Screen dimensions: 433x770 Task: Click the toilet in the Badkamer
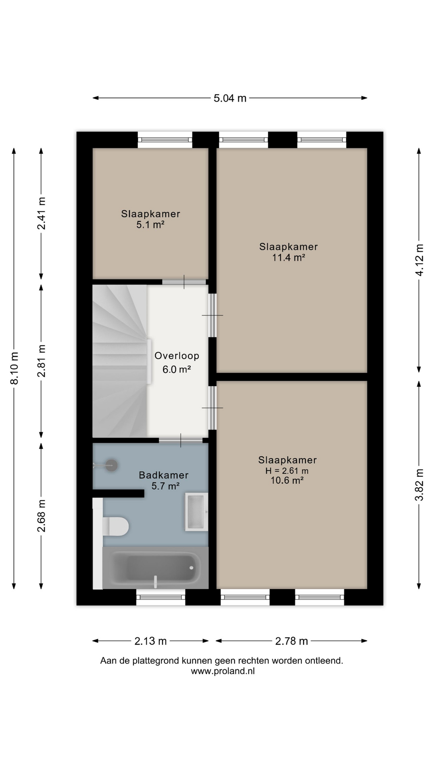click(115, 526)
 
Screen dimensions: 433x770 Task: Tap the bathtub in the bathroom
click(156, 568)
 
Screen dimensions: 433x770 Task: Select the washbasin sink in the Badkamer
click(196, 512)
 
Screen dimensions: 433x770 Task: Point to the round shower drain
click(111, 465)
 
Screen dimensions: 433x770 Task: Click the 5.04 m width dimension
click(230, 98)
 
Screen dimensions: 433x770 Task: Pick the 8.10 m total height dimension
click(14, 368)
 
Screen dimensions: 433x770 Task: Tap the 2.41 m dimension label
click(41, 213)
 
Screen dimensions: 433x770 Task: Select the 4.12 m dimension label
click(419, 260)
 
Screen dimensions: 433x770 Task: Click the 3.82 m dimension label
click(419, 485)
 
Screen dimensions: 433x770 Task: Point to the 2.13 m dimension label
click(150, 641)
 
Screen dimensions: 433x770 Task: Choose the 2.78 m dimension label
click(291, 641)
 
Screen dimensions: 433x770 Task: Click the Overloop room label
click(177, 356)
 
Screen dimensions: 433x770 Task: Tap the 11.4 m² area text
click(289, 257)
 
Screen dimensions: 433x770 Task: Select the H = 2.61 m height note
click(287, 471)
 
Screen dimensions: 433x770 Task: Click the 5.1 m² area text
click(150, 225)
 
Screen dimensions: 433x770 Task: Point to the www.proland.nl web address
click(223, 671)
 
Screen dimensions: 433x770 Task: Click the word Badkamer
click(164, 475)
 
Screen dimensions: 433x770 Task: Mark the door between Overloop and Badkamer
click(180, 440)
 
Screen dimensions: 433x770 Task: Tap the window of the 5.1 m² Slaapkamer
click(165, 140)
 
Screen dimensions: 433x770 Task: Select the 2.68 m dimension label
click(41, 516)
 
